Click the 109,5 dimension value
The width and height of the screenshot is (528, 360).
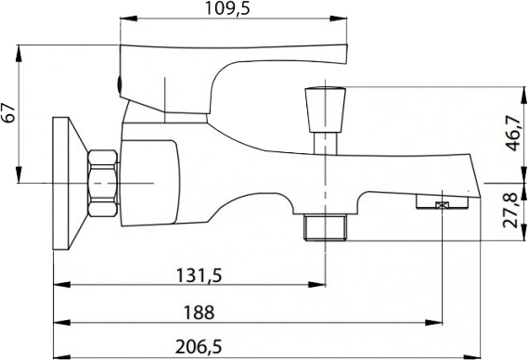(228, 8)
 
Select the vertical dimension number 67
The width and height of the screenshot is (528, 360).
(9, 113)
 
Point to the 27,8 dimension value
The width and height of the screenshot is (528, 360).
(509, 210)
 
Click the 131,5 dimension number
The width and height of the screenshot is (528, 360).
(200, 276)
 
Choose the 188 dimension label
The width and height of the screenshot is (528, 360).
(199, 313)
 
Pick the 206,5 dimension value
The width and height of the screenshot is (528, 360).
(199, 346)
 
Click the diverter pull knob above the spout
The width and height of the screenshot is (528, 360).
(326, 109)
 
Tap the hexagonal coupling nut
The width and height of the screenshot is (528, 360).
(103, 183)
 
